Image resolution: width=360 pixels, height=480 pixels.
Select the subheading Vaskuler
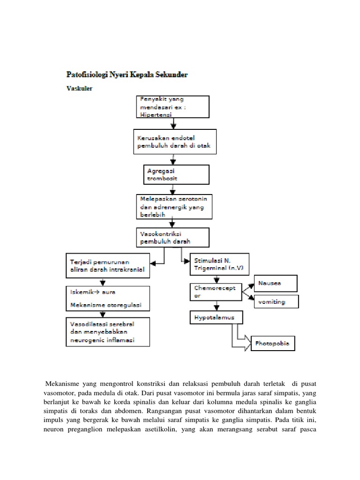79,87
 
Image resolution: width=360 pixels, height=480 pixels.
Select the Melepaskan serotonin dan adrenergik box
174,206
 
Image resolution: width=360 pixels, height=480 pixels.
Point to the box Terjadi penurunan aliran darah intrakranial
106,266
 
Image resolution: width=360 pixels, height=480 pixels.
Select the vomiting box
276,301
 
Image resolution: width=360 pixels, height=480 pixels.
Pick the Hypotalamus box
217,318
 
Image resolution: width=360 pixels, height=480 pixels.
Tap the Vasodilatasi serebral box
106,331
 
